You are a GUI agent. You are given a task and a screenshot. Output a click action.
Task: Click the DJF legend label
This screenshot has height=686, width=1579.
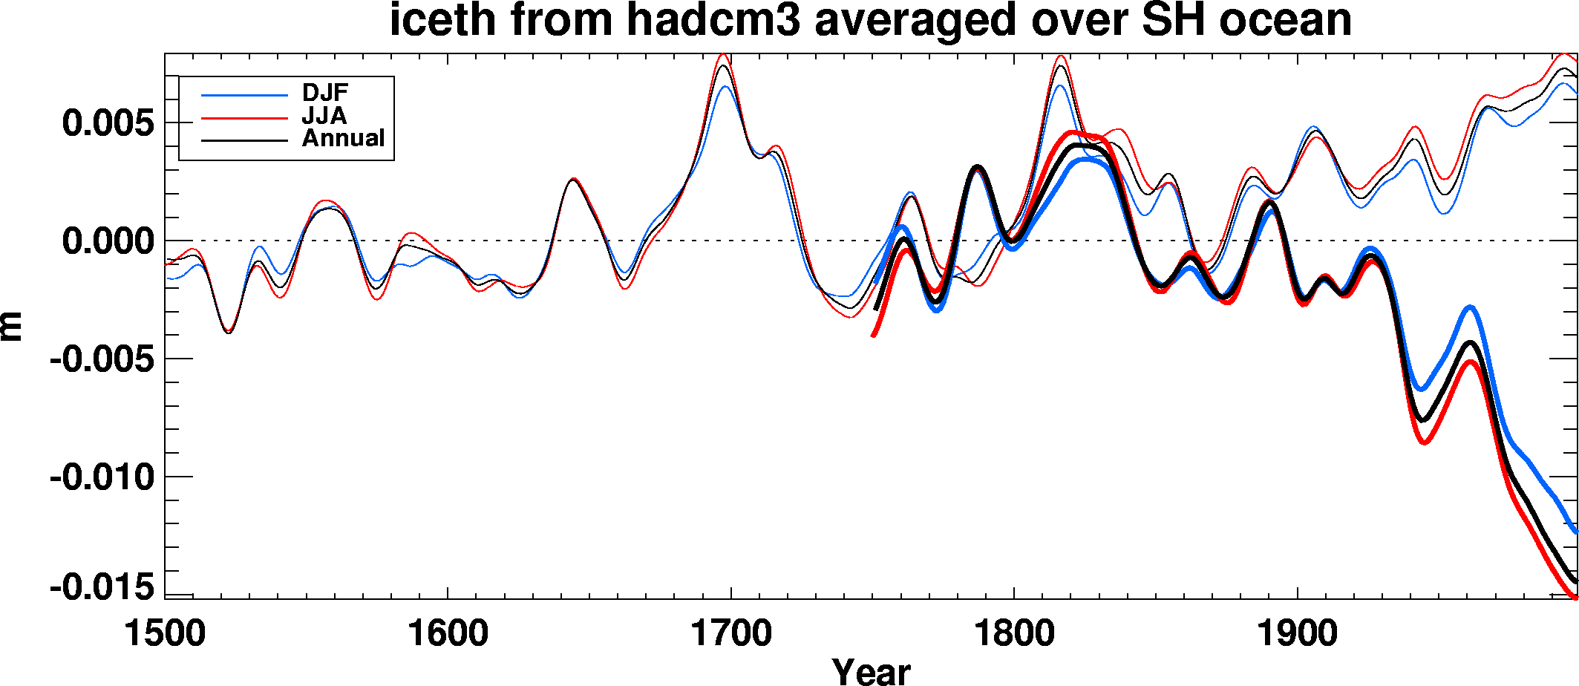pyautogui.click(x=324, y=93)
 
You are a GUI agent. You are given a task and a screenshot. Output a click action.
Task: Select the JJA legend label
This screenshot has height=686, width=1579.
pyautogui.click(x=324, y=116)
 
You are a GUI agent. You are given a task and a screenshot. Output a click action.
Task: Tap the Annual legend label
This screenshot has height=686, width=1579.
pyautogui.click(x=343, y=138)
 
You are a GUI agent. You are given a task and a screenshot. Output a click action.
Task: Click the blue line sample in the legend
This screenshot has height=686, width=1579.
pyautogui.click(x=244, y=95)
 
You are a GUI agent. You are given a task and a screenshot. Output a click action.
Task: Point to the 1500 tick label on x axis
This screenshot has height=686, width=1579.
pyautogui.click(x=164, y=634)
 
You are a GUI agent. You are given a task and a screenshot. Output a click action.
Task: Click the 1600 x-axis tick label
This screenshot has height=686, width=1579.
pyautogui.click(x=448, y=634)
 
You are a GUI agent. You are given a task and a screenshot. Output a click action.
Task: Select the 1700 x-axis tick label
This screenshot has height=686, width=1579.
pyautogui.click(x=731, y=634)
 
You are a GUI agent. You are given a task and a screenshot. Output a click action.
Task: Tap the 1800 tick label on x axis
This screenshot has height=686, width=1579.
pyautogui.click(x=1014, y=634)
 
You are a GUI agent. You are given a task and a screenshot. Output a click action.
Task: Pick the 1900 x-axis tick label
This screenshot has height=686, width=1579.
pyautogui.click(x=1298, y=634)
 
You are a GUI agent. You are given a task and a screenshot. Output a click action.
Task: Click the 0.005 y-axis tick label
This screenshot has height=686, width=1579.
pyautogui.click(x=108, y=123)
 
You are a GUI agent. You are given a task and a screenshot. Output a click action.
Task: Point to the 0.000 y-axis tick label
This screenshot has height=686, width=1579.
pyautogui.click(x=108, y=241)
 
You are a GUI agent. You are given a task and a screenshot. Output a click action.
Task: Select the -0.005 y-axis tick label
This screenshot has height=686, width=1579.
pyautogui.click(x=102, y=360)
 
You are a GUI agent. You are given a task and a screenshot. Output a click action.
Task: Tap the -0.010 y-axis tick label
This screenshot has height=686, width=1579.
pyautogui.click(x=102, y=477)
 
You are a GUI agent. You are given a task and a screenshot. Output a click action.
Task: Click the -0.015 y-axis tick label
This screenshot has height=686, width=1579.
pyautogui.click(x=102, y=588)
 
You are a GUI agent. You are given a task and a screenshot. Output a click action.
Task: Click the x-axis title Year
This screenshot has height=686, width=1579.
pyautogui.click(x=871, y=671)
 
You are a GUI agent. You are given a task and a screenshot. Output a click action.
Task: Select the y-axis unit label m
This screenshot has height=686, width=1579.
pyautogui.click(x=12, y=327)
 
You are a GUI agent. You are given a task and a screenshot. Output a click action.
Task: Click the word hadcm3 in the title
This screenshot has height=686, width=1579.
pyautogui.click(x=713, y=20)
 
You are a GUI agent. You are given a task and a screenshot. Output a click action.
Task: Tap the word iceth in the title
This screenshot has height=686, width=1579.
pyautogui.click(x=442, y=20)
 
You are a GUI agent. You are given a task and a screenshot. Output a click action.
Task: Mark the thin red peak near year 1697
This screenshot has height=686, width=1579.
pyautogui.click(x=722, y=55)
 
